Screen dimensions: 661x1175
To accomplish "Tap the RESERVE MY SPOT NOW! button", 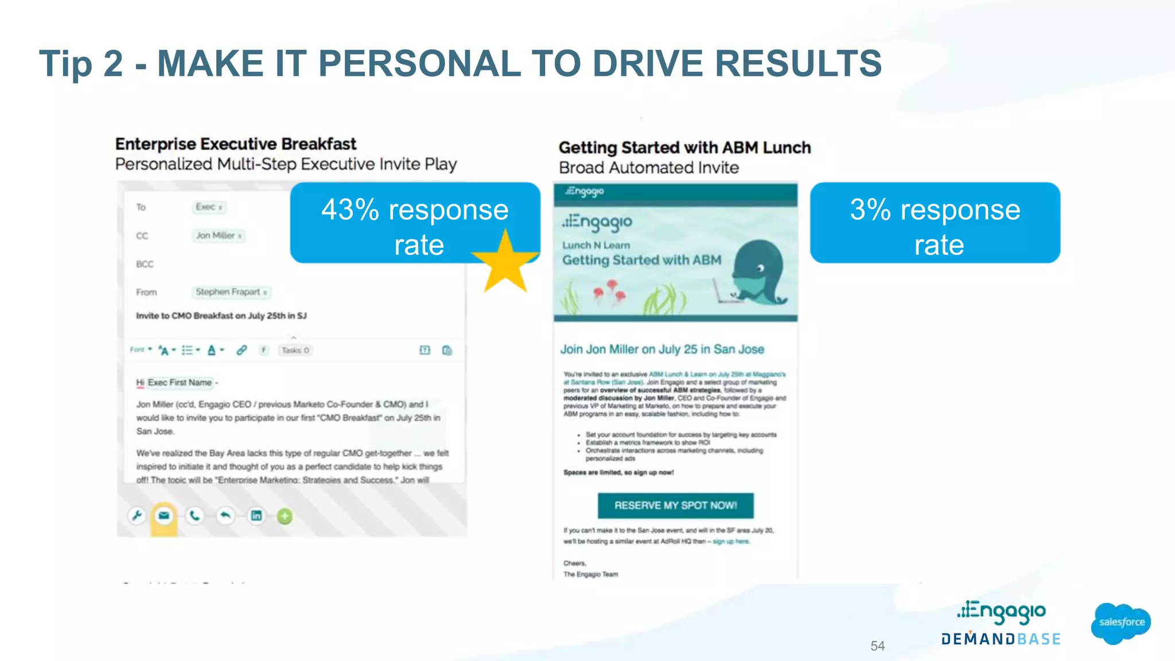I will [675, 506].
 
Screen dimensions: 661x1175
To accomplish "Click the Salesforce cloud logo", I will [1121, 623].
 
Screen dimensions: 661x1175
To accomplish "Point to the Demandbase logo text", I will [1001, 639].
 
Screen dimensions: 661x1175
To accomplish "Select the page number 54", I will [877, 646].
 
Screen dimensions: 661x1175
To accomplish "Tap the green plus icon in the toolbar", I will [285, 516].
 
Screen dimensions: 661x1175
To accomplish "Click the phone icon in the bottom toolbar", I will [195, 516].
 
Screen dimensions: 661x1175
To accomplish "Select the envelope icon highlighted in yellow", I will [164, 516].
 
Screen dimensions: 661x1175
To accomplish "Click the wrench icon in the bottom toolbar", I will [137, 516].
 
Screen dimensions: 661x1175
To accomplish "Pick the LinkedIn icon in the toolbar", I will [256, 516].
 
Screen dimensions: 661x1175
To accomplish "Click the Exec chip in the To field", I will [208, 207].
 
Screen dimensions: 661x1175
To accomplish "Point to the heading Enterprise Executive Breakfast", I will [236, 144].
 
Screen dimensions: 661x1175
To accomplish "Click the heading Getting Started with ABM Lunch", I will [684, 148].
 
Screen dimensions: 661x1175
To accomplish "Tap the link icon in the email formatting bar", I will [242, 350].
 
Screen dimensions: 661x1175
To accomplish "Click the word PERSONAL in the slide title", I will [419, 63].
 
